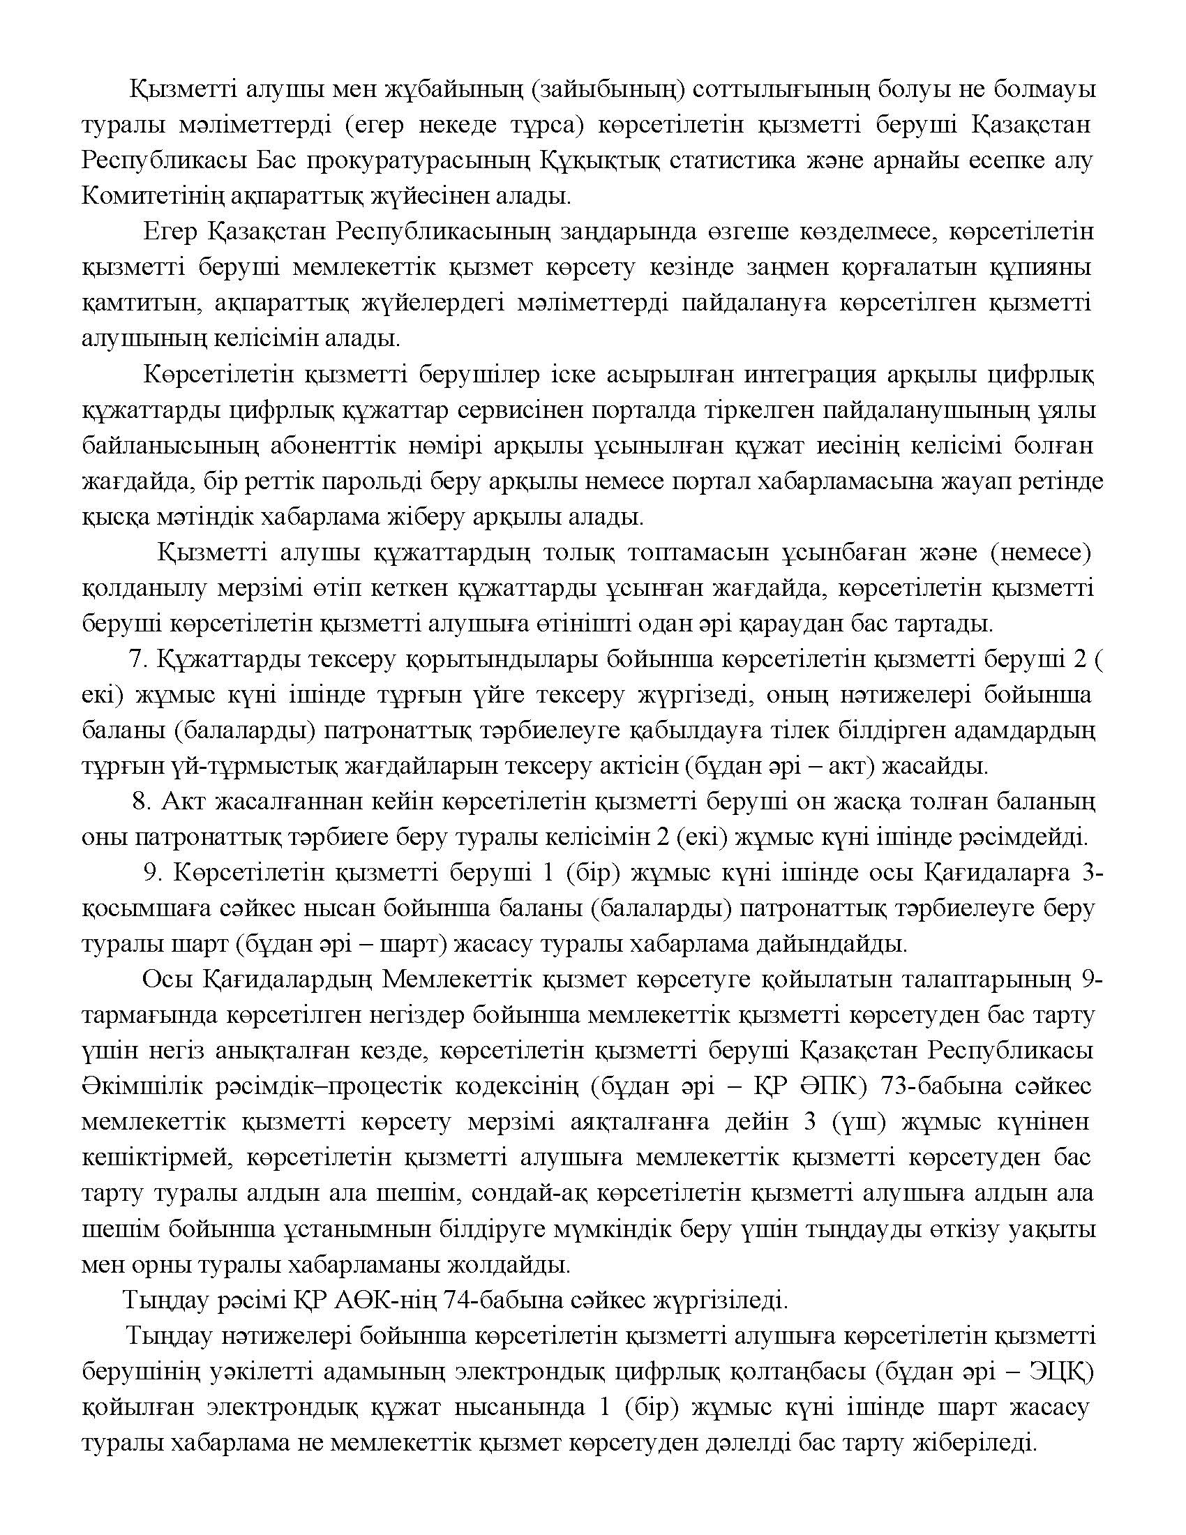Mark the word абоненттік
(354, 446)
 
